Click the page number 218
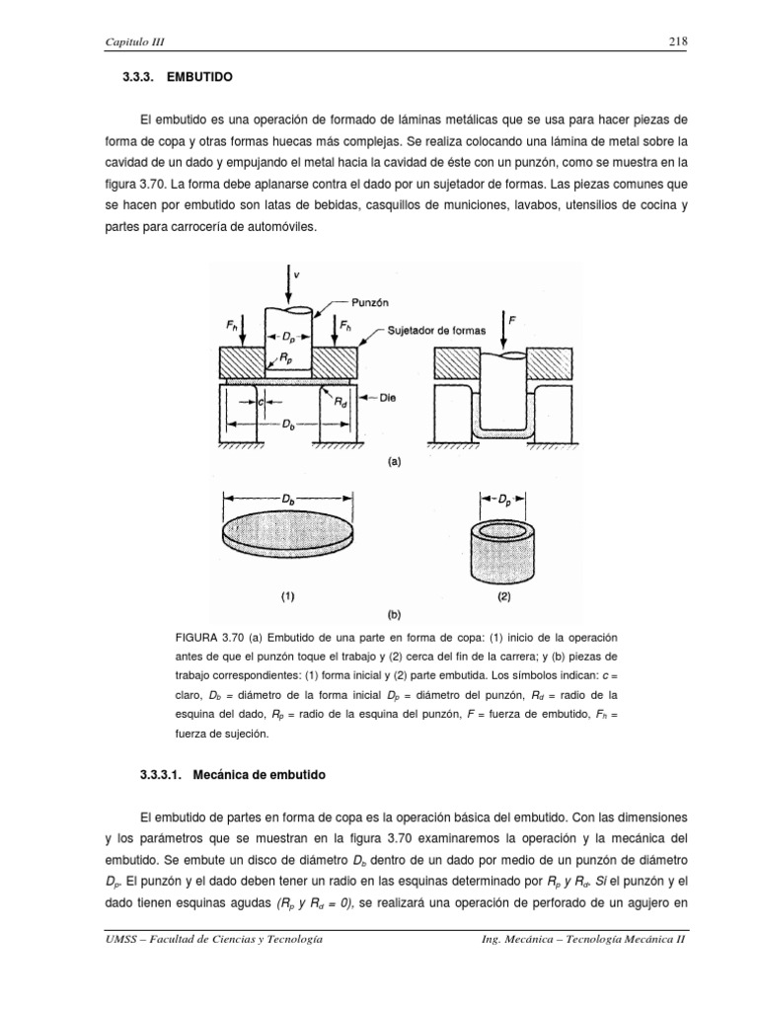point(676,40)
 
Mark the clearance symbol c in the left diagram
point(260,402)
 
